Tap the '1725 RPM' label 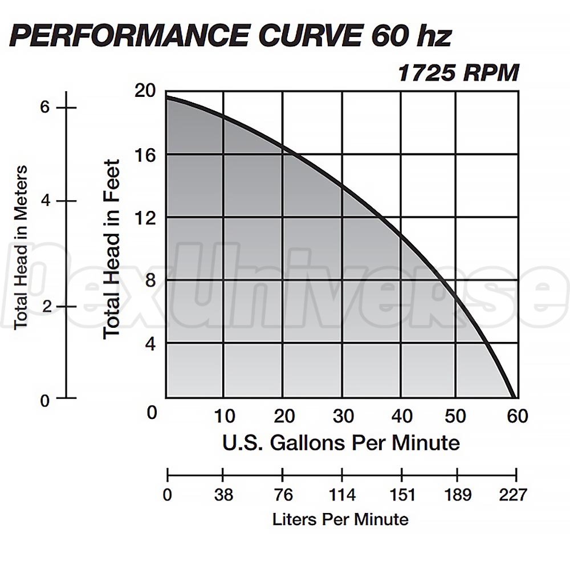pos(458,74)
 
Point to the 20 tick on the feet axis pos(145,91)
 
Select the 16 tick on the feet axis pos(145,154)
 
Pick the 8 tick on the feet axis pos(147,280)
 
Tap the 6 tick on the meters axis pos(46,108)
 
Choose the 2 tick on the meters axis pos(46,306)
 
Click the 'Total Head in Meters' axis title pos(21,247)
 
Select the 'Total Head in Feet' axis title pos(112,249)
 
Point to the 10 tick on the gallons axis pos(224,417)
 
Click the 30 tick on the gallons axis pos(343,417)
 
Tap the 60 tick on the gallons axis pos(517,417)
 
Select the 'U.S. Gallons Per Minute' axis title pos(341,442)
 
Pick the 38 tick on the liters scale pos(223,495)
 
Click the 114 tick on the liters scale pos(343,495)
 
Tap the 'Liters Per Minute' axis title pos(340,519)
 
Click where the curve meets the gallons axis pos(515,397)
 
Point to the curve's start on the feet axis pos(166,97)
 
